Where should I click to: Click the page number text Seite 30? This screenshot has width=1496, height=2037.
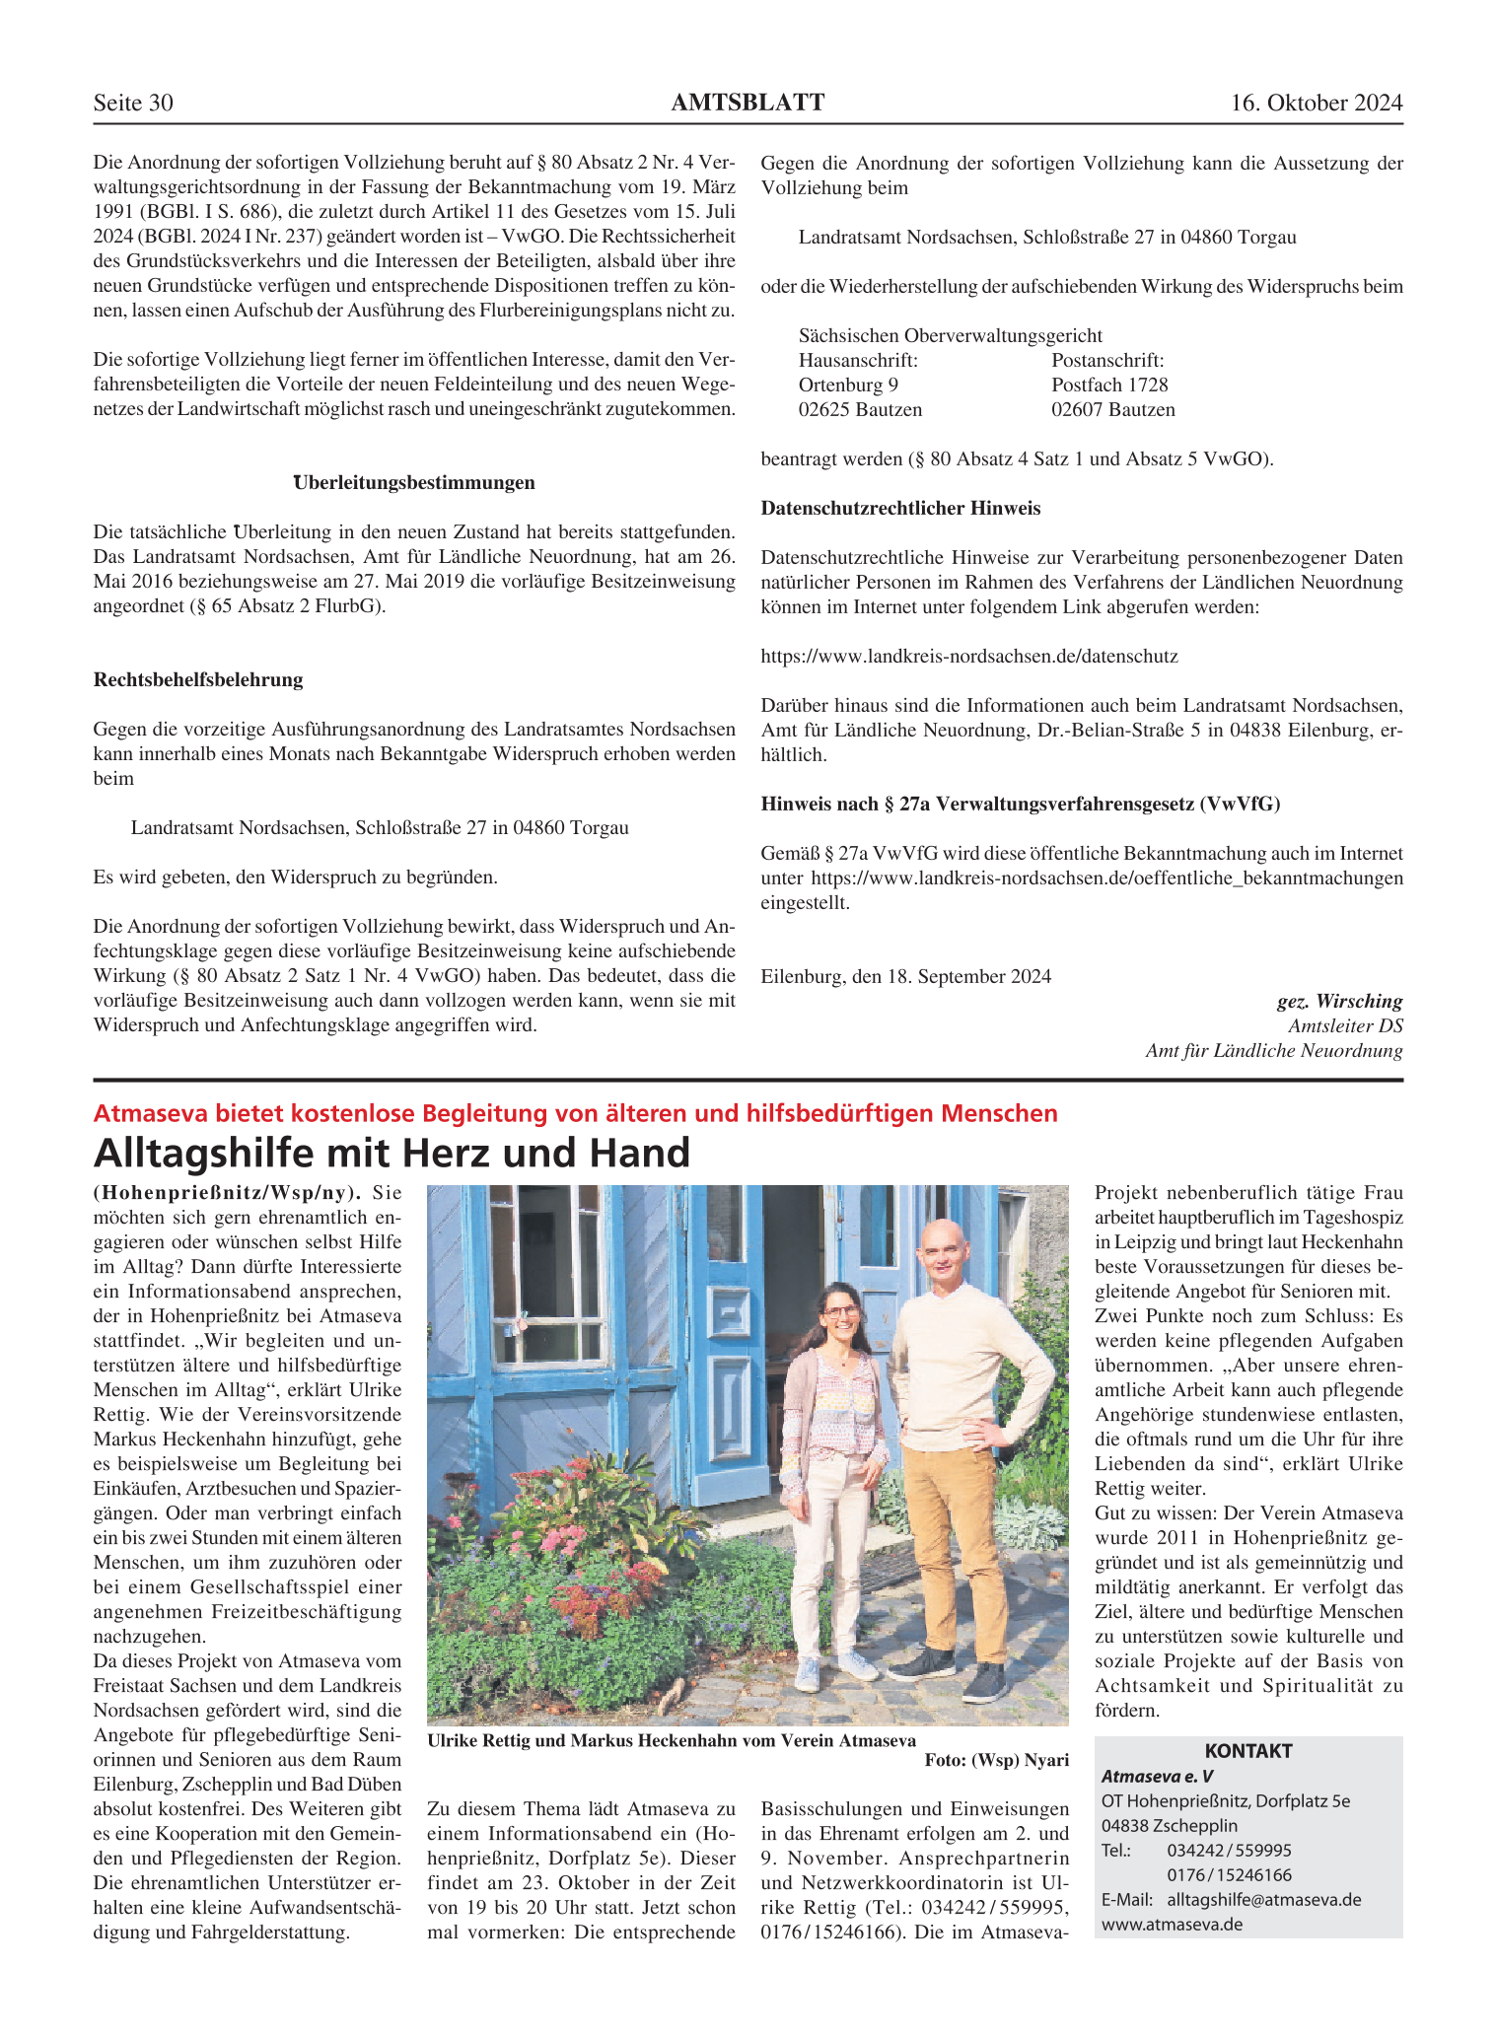click(x=133, y=103)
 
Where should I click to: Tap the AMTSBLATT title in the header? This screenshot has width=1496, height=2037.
click(x=748, y=103)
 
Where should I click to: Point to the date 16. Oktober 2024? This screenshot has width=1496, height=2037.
click(x=1316, y=103)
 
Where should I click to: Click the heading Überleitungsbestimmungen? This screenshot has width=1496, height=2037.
click(x=414, y=483)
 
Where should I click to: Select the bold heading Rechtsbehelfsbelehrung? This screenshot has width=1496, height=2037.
click(x=198, y=680)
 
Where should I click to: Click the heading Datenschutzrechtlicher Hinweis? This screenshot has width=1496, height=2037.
click(x=900, y=509)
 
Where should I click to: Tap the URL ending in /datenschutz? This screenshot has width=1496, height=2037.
click(x=969, y=657)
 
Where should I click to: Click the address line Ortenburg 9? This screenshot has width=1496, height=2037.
click(x=848, y=386)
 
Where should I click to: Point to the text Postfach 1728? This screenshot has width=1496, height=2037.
click(x=1109, y=386)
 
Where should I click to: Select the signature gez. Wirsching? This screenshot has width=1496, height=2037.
click(x=1339, y=1002)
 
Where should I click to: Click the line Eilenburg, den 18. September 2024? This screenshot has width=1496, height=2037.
click(x=905, y=977)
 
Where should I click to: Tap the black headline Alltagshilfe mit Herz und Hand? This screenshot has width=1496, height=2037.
click(x=392, y=1153)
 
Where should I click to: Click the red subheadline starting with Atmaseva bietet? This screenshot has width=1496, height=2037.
click(x=575, y=1114)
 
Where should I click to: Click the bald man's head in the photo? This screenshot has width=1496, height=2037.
click(x=942, y=1246)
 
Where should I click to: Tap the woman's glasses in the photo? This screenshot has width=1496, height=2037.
click(x=840, y=1312)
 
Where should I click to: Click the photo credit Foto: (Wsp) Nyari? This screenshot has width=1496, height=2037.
click(x=996, y=1761)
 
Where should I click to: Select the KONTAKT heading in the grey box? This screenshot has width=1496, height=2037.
click(x=1247, y=1751)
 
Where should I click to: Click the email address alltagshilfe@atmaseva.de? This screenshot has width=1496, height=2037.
click(x=1263, y=1899)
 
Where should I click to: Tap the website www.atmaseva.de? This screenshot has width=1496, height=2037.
click(x=1172, y=1924)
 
